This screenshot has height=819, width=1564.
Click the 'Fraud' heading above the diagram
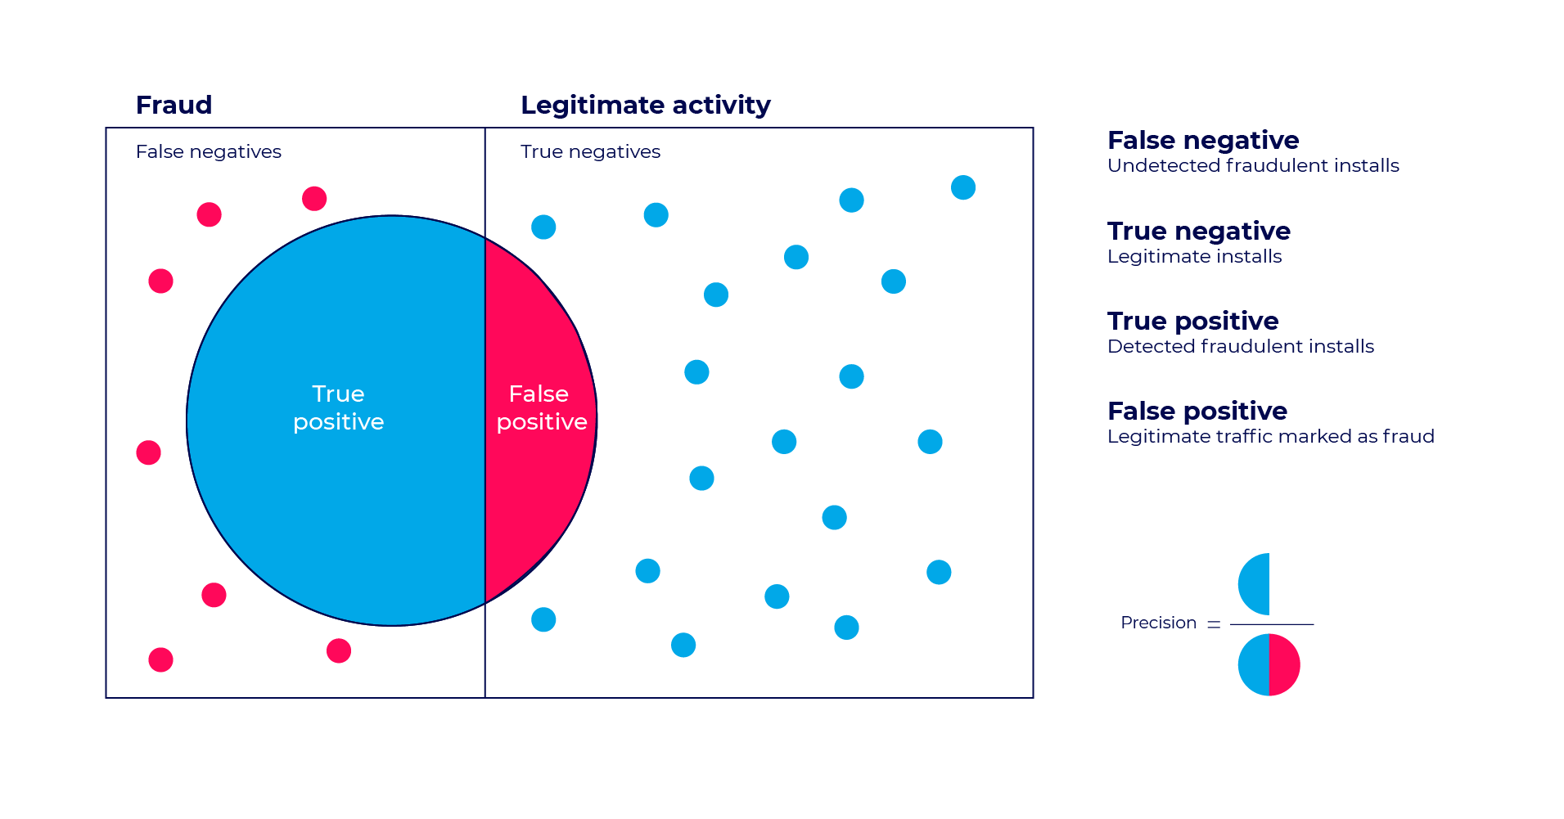[174, 106]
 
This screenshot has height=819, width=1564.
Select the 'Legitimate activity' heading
[645, 106]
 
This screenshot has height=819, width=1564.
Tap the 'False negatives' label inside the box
[209, 152]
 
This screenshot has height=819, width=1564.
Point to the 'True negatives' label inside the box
[590, 152]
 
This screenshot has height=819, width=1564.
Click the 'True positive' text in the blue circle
[338, 407]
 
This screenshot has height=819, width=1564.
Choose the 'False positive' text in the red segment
[541, 407]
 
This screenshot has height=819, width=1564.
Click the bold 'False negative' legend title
[1202, 141]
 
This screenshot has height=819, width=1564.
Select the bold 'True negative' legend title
[1198, 232]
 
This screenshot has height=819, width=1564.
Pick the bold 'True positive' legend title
[1192, 322]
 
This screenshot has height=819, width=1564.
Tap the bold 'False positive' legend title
[1197, 411]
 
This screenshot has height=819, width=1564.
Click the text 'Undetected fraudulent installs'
[1252, 166]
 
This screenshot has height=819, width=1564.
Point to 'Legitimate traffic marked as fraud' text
[1270, 437]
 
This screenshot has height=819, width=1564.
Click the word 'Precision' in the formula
[1158, 623]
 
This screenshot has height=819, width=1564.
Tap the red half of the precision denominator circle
[1284, 664]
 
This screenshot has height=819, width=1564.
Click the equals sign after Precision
[1214, 624]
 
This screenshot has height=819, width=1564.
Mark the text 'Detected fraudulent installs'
[1240, 347]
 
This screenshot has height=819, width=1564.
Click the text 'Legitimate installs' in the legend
[1194, 257]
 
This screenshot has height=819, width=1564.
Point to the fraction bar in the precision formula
[1272, 624]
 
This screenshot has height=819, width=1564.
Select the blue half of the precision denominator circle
[1254, 664]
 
